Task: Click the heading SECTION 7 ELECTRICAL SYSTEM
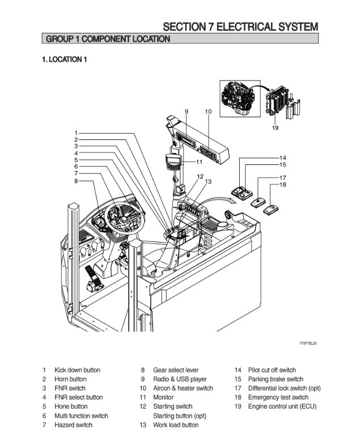coord(240,27)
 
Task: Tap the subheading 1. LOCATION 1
coord(64,60)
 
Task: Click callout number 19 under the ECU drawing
coord(275,128)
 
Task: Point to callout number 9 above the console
coord(186,112)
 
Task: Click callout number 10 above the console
coord(207,112)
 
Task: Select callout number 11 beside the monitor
coord(199,162)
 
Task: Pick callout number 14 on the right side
coord(283,157)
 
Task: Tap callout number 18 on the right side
coord(283,185)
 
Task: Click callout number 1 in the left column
coord(75,133)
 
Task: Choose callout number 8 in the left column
coord(75,181)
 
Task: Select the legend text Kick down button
coord(77,370)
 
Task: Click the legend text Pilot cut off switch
coord(272,370)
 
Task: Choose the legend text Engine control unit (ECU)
coord(282,406)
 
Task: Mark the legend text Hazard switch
coord(73,425)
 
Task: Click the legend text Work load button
coord(176,425)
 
